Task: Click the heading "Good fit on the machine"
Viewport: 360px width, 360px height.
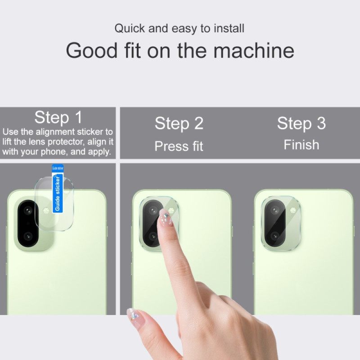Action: pos(180,50)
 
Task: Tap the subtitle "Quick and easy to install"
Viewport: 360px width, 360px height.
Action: pos(179,28)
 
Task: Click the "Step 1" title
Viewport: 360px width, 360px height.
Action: pos(58,117)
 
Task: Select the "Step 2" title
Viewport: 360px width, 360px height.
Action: pos(179,123)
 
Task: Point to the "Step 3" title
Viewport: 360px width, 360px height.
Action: pos(301,123)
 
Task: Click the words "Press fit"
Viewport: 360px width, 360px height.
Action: pos(179,146)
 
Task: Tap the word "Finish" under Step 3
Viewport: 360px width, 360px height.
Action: pos(301,145)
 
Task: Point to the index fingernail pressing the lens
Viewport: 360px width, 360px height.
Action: pos(165,219)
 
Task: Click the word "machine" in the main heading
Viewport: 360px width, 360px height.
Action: pos(254,50)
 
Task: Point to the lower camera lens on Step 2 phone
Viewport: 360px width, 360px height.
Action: pos(152,236)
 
